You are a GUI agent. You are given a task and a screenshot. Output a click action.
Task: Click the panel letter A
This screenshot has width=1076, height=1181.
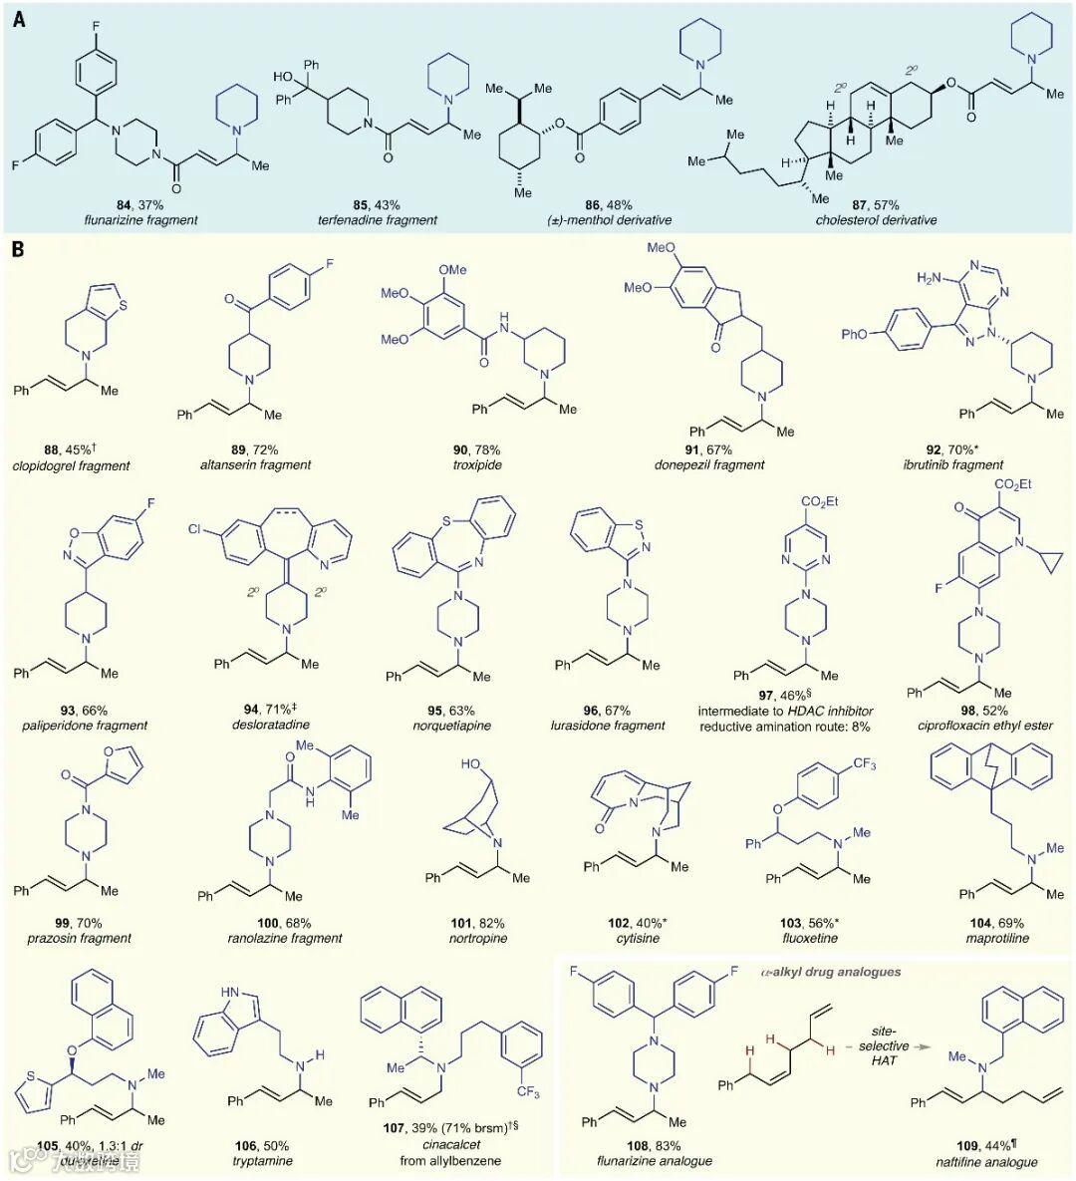click(x=19, y=19)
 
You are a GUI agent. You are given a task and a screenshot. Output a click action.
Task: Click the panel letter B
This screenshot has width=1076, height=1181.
click(x=18, y=248)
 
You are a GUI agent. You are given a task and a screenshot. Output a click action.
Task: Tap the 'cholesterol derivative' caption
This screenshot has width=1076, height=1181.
click(x=876, y=220)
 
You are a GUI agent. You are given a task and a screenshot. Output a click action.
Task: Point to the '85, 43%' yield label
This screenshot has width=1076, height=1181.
click(x=381, y=205)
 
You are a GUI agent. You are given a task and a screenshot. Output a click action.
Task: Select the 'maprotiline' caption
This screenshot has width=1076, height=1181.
click(x=996, y=938)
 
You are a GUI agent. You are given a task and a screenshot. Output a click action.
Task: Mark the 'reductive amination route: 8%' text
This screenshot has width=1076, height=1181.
click(x=784, y=727)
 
